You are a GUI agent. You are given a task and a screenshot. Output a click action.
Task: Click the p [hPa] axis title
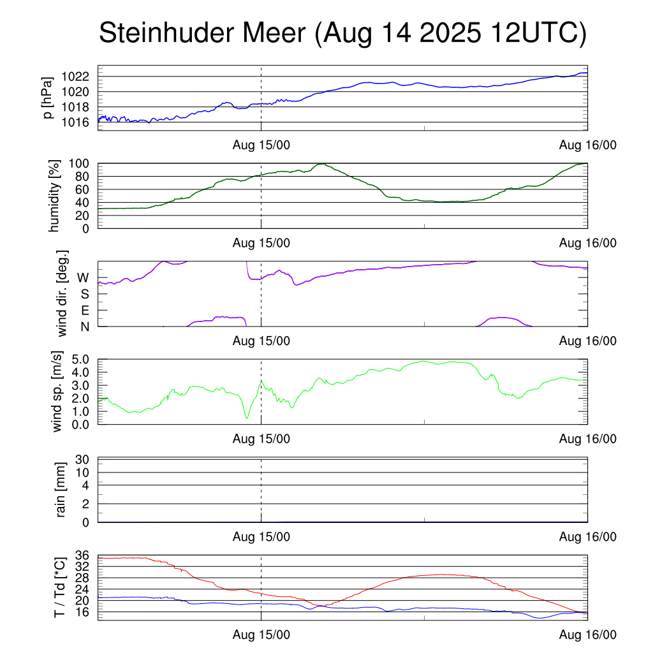(x=48, y=98)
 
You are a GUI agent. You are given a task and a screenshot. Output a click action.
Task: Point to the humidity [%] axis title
(x=54, y=195)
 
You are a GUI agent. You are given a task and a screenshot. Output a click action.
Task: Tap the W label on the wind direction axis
(x=83, y=278)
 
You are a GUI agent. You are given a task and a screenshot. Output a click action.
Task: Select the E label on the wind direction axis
(x=84, y=311)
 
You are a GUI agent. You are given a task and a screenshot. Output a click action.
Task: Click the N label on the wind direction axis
(x=84, y=326)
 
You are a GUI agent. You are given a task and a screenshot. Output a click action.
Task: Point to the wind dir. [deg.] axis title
(x=62, y=294)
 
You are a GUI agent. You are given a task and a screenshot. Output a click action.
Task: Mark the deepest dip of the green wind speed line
(x=247, y=418)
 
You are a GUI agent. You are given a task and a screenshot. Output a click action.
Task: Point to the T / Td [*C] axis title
(x=59, y=587)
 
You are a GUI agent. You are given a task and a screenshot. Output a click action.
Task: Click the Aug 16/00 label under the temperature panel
(x=587, y=635)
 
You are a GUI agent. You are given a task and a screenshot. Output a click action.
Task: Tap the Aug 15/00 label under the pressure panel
(x=261, y=145)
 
